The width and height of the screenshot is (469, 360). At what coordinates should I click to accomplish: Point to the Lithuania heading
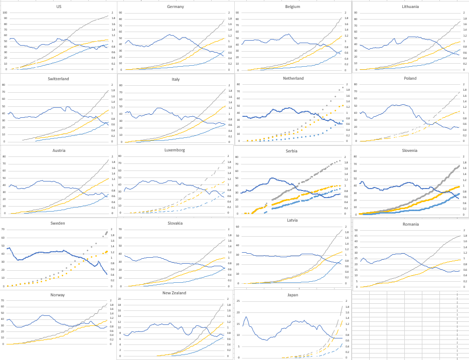[x=411, y=7]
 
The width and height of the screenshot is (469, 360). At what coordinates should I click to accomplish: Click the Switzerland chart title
[x=59, y=79]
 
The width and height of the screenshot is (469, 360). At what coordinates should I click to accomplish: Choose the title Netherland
[x=293, y=79]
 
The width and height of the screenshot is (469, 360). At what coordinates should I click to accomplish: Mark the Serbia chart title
[x=292, y=150]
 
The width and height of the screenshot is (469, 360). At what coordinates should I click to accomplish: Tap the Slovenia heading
[x=411, y=150]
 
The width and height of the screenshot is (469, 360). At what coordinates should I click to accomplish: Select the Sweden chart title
[x=59, y=223]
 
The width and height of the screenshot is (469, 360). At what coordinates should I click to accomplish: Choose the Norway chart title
[x=59, y=295]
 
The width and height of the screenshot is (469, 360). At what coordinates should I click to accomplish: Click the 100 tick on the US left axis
[x=5, y=13]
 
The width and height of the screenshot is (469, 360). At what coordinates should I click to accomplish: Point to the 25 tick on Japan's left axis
[x=239, y=301]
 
